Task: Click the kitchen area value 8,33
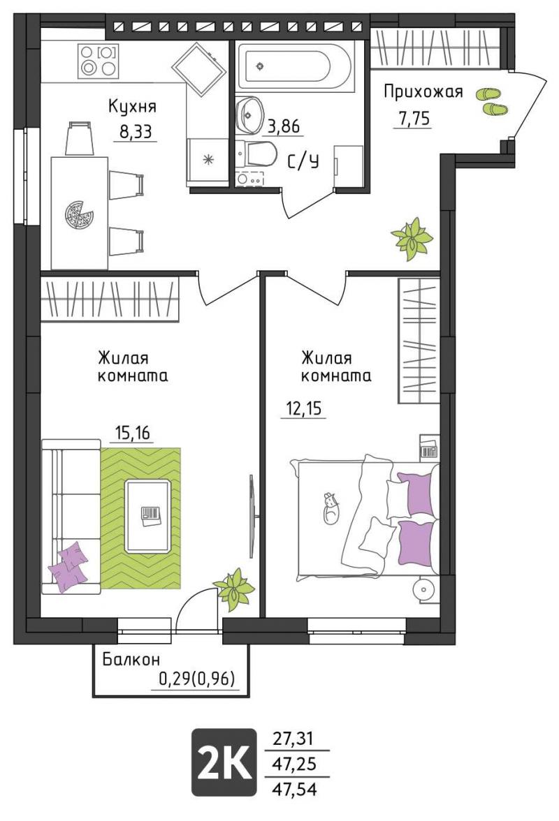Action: click(136, 131)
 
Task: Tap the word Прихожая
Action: click(423, 91)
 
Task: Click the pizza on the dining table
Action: click(79, 214)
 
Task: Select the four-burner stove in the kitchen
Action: click(98, 61)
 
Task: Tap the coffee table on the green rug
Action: click(147, 516)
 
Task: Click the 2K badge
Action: click(224, 762)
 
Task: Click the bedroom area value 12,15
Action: click(304, 408)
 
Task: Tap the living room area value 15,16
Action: click(133, 433)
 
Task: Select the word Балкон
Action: click(131, 659)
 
